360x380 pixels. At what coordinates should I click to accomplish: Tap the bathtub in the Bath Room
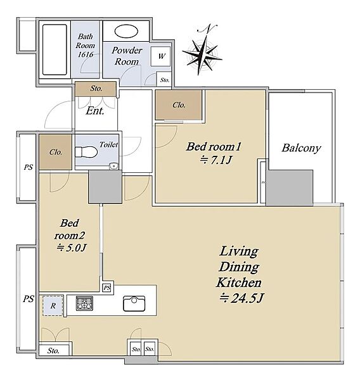click(x=55, y=49)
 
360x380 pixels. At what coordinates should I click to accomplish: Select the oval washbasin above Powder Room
click(x=126, y=31)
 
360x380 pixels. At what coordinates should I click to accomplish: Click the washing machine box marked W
click(x=160, y=56)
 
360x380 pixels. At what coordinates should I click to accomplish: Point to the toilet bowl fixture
click(x=86, y=152)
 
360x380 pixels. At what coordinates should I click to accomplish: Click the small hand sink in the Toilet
click(x=113, y=166)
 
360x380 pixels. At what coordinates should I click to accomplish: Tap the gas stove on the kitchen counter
click(x=84, y=303)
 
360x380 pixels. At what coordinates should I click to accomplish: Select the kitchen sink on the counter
click(x=134, y=303)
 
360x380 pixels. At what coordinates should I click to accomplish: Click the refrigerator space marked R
click(x=53, y=305)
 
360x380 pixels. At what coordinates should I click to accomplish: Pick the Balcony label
click(x=301, y=148)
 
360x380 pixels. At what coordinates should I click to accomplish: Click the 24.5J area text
click(x=241, y=298)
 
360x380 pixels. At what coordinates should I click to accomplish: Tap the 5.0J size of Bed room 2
click(x=72, y=248)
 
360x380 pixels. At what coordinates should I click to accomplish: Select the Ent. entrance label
click(x=95, y=111)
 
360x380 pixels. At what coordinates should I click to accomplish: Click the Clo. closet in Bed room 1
click(x=179, y=104)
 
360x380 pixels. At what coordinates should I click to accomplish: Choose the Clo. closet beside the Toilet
click(x=56, y=152)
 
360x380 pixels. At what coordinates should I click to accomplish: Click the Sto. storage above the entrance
click(x=96, y=89)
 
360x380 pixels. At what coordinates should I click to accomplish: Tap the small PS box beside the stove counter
click(x=106, y=288)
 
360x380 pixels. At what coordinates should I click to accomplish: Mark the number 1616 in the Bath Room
click(x=86, y=54)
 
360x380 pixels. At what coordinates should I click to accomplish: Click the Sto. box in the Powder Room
click(x=165, y=80)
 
